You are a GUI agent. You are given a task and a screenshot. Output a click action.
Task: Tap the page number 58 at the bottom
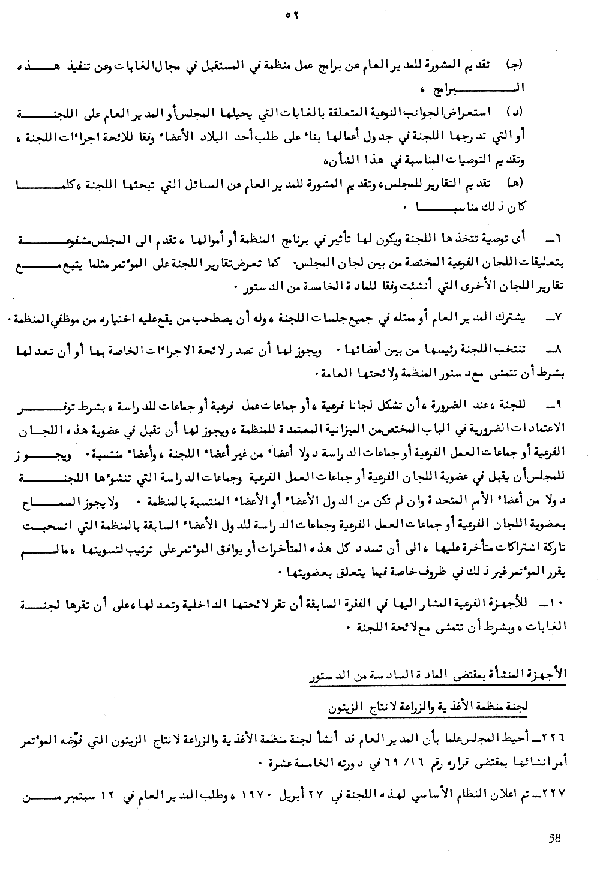click(x=556, y=838)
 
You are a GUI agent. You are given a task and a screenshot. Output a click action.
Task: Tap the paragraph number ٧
click(x=554, y=316)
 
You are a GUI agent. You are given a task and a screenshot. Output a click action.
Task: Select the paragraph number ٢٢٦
click(x=556, y=735)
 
